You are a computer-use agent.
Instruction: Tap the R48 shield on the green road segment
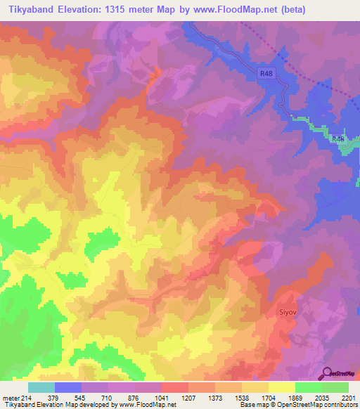[x=338, y=140]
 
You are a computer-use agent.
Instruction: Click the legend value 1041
[x=162, y=397]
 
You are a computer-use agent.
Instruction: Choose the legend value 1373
[x=215, y=397]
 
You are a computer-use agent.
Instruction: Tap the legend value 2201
[x=349, y=397]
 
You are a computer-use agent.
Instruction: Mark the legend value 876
[x=135, y=397]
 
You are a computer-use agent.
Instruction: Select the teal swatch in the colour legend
[x=41, y=387]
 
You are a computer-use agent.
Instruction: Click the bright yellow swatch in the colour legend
[x=282, y=387]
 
